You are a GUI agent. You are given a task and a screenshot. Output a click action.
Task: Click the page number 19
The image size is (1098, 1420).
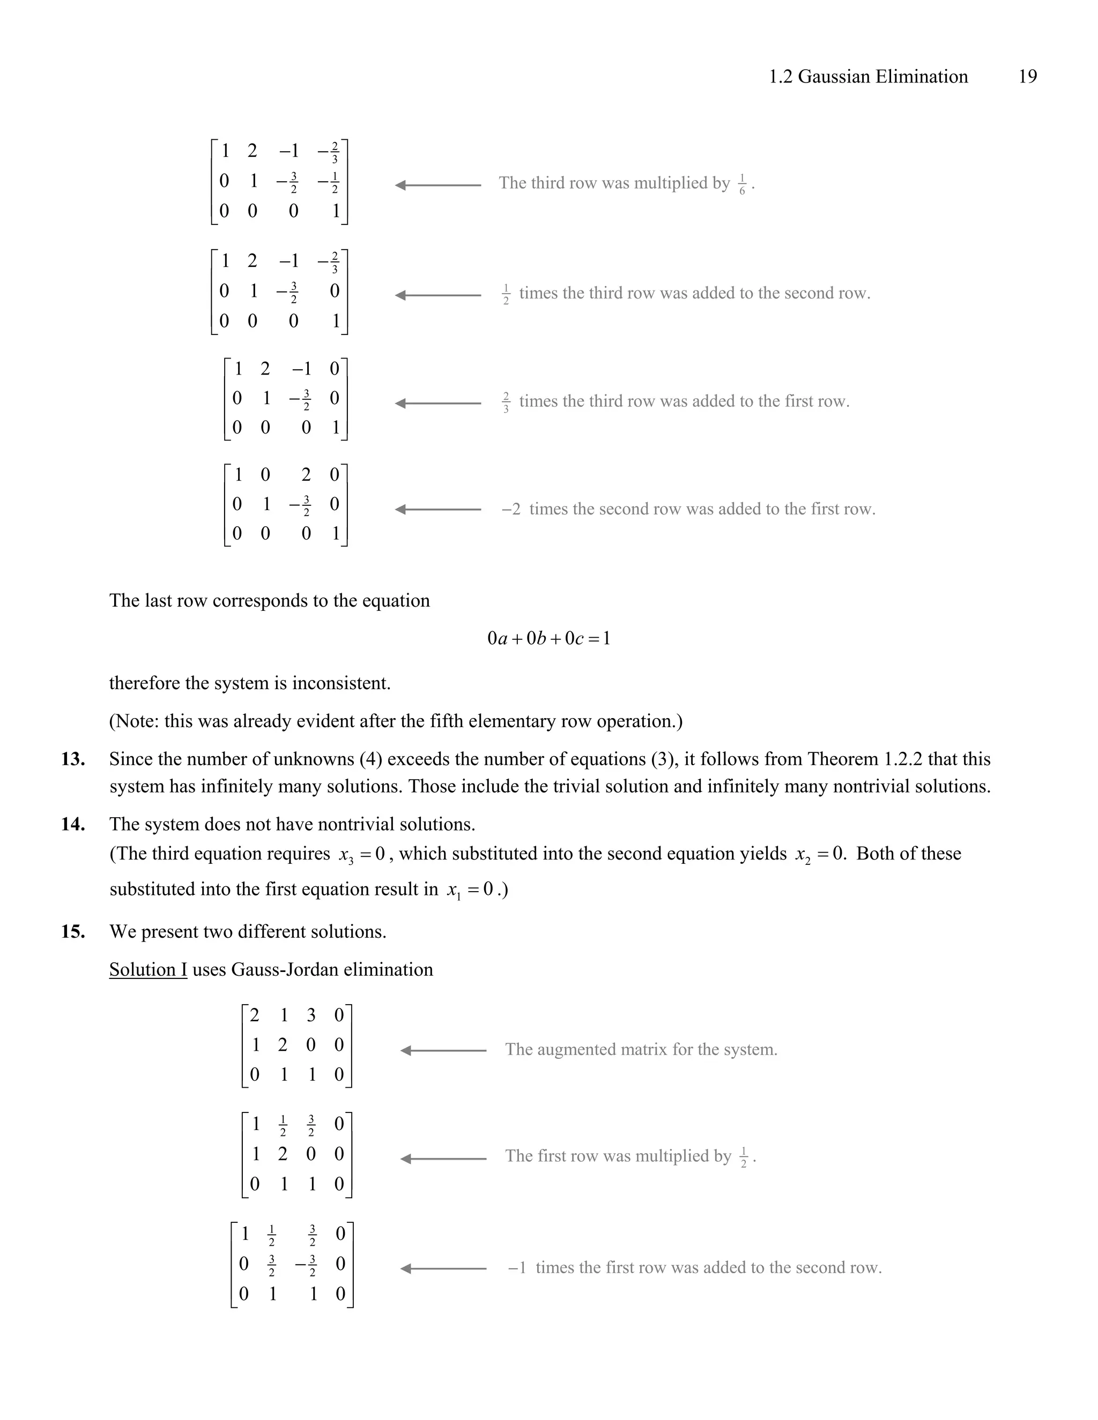(x=1027, y=77)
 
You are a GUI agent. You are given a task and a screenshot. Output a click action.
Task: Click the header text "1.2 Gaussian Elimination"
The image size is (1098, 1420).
(x=868, y=77)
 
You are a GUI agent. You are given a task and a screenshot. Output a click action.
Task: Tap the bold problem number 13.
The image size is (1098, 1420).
(x=73, y=759)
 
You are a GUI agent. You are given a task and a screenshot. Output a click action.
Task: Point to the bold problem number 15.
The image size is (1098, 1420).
(x=73, y=931)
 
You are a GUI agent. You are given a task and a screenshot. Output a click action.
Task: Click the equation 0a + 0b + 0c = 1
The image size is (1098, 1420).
(x=548, y=639)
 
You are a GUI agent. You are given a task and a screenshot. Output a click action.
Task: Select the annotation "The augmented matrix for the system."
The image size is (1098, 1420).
(x=641, y=1049)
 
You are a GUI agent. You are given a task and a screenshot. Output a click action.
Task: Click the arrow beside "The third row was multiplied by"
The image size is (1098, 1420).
(x=438, y=185)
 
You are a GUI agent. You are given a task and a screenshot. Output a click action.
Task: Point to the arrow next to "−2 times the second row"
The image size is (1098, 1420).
(x=438, y=509)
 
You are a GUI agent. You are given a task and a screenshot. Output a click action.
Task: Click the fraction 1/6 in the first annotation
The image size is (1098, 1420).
(x=742, y=185)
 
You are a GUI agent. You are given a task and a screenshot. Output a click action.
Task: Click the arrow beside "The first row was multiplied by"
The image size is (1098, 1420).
(x=443, y=1159)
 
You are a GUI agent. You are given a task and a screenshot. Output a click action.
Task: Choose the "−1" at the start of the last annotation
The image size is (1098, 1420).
(x=517, y=1267)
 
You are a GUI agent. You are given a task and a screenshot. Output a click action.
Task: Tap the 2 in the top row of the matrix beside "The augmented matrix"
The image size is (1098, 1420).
(x=254, y=1015)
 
